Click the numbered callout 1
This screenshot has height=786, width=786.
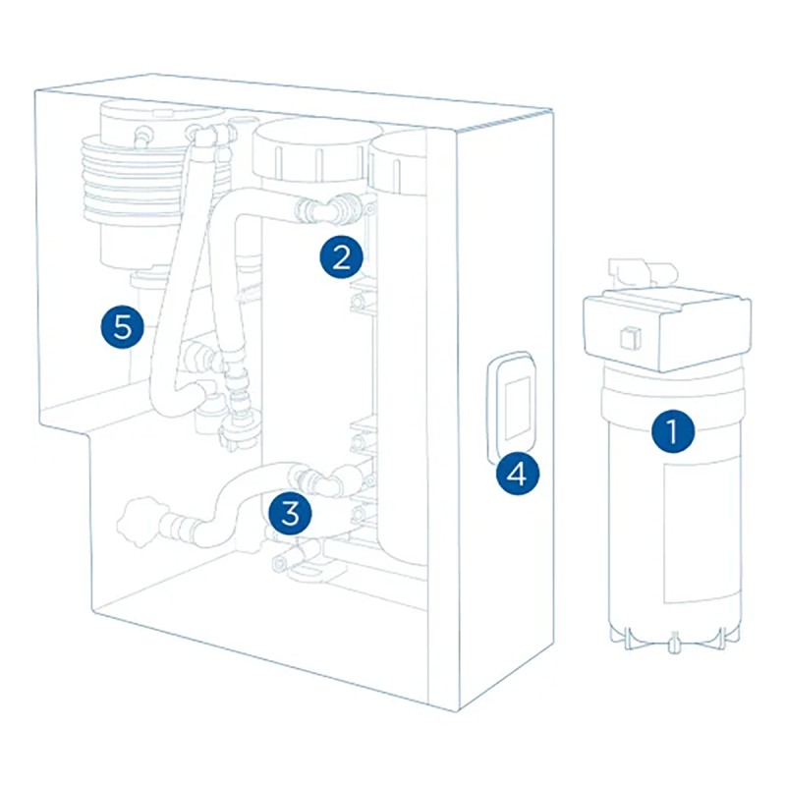coord(673,431)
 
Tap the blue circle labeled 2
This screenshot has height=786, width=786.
coord(341,257)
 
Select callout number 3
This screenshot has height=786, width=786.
coord(292,510)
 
